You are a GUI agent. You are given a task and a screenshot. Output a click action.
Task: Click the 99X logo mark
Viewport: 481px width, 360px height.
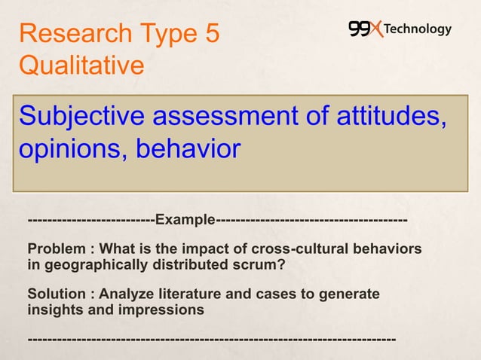(365, 29)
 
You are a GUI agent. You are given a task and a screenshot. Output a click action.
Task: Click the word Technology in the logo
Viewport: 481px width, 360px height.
(418, 29)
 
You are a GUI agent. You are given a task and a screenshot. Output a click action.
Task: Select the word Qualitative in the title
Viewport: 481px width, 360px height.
(81, 66)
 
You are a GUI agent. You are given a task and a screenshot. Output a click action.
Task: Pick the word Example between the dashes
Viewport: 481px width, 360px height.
(185, 220)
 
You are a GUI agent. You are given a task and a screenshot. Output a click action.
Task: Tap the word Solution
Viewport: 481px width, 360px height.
(55, 294)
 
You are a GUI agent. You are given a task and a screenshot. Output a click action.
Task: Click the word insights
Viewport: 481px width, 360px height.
(53, 310)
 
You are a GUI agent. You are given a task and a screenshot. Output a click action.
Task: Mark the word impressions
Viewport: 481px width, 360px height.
(158, 310)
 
